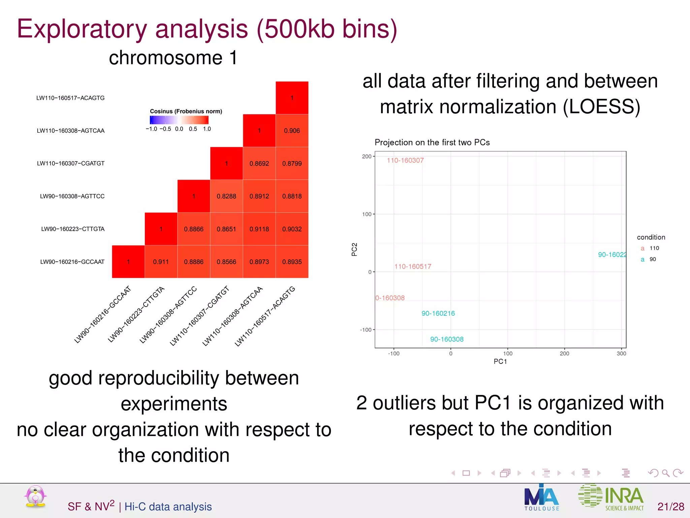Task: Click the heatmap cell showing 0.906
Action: (292, 131)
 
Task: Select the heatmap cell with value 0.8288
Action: (226, 196)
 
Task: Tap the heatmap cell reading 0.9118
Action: (259, 229)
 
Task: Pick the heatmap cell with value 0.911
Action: (161, 262)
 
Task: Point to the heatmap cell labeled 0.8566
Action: (226, 262)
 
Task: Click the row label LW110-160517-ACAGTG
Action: (70, 98)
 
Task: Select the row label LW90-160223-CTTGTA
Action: (73, 229)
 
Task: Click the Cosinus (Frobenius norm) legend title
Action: (186, 111)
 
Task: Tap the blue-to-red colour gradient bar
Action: (179, 120)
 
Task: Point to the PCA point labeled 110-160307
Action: (405, 161)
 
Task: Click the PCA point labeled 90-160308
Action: (447, 339)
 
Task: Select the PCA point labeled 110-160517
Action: (413, 266)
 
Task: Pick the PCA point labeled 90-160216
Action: (438, 313)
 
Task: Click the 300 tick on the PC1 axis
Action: (621, 353)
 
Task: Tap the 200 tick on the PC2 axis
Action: (367, 156)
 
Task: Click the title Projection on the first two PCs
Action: (432, 142)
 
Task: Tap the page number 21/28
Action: (670, 507)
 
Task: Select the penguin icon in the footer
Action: (35, 496)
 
